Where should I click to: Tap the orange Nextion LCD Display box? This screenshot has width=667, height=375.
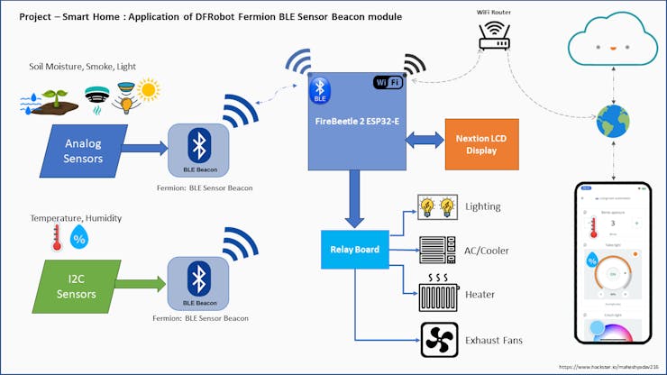tap(481, 144)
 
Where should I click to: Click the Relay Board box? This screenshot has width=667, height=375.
tap(354, 249)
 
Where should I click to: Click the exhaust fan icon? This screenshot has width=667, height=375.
tap(439, 339)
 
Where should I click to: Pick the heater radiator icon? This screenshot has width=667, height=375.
tap(439, 293)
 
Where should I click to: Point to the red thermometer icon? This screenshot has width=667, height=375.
tap(57, 238)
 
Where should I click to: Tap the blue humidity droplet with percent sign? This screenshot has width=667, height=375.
tap(79, 238)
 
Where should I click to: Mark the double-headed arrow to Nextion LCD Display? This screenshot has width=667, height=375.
tap(423, 142)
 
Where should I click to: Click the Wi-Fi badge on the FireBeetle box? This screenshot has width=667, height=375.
tap(388, 83)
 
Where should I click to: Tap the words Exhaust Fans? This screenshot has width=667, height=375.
tap(494, 340)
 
